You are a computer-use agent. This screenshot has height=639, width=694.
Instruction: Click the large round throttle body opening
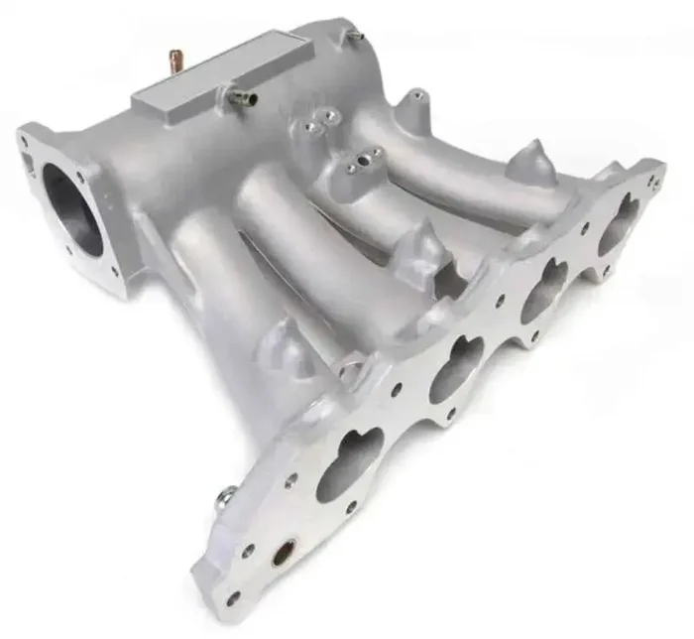tap(72, 211)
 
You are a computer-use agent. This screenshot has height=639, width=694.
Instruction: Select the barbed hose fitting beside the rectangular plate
tap(240, 97)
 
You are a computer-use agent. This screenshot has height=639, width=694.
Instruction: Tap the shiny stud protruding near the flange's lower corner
tap(225, 495)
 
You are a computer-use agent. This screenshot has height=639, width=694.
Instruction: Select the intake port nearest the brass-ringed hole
tap(349, 463)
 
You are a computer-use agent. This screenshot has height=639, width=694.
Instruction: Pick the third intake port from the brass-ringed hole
tap(544, 287)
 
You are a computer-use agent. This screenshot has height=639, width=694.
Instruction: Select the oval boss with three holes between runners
tap(363, 161)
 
